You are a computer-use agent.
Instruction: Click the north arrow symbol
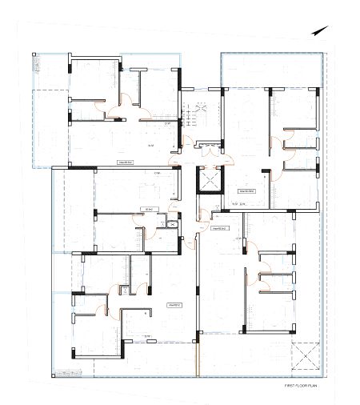(318, 30)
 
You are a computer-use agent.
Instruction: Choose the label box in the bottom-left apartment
(174, 305)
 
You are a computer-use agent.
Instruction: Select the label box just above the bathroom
(146, 208)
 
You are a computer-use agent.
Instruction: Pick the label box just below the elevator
(214, 228)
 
